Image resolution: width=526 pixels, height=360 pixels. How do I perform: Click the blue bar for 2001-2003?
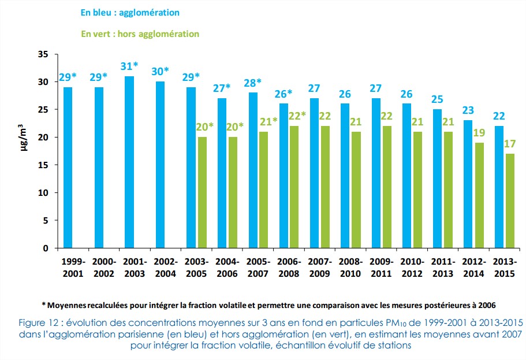pyautogui.click(x=129, y=162)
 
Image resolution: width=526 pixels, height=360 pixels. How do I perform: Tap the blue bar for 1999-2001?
pyautogui.click(x=68, y=168)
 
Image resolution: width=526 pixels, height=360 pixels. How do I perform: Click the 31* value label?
pyautogui.click(x=129, y=66)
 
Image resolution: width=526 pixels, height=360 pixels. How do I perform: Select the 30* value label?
pyautogui.click(x=160, y=71)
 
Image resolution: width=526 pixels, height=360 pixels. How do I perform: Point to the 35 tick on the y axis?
pyautogui.click(x=44, y=54)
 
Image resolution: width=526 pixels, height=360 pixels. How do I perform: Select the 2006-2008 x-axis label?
pyautogui.click(x=288, y=266)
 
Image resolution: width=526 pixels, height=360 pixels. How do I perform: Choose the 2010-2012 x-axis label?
pyautogui.click(x=411, y=266)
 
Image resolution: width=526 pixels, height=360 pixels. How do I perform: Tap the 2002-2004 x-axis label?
pyautogui.click(x=165, y=266)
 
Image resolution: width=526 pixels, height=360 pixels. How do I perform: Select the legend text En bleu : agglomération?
pyautogui.click(x=130, y=12)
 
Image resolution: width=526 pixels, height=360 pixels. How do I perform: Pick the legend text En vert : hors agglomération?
pyautogui.click(x=140, y=34)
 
